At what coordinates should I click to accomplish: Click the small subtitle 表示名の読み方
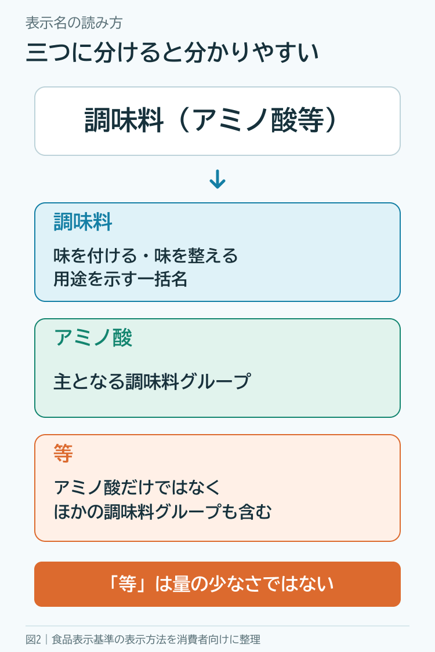coord(74,23)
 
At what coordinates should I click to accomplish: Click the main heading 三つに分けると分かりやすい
coord(172,53)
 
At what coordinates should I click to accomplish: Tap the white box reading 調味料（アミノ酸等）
coord(217,121)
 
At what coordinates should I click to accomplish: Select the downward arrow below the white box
coord(217,179)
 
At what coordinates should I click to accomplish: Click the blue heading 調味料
coord(83,221)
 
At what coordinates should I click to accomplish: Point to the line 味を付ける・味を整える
coord(145,256)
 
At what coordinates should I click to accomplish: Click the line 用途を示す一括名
coord(120,279)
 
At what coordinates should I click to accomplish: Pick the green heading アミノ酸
coord(93,337)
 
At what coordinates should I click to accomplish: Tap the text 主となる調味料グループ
coord(153,381)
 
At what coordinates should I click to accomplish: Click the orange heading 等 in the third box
coord(63,453)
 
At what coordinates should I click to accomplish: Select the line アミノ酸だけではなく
coord(137,487)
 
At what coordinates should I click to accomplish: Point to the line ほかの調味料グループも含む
coord(163,512)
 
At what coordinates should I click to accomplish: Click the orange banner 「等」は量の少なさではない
coord(217,584)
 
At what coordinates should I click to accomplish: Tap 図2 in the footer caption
coord(33,639)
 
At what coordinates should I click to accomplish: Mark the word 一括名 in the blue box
coord(171,279)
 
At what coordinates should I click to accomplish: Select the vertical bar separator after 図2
coord(46,639)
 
